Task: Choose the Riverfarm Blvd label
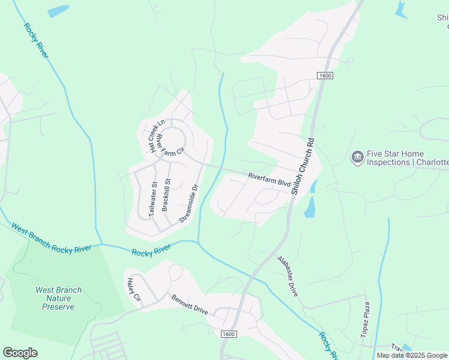tap(269, 178)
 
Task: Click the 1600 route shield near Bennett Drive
tap(229, 334)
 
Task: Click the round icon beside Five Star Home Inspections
tap(357, 157)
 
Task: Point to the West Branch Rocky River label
tap(51, 238)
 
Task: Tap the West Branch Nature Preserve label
tap(58, 298)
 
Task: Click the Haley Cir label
tap(132, 290)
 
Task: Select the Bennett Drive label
tap(190, 305)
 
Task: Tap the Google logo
tap(20, 353)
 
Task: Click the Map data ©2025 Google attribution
tap(412, 355)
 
